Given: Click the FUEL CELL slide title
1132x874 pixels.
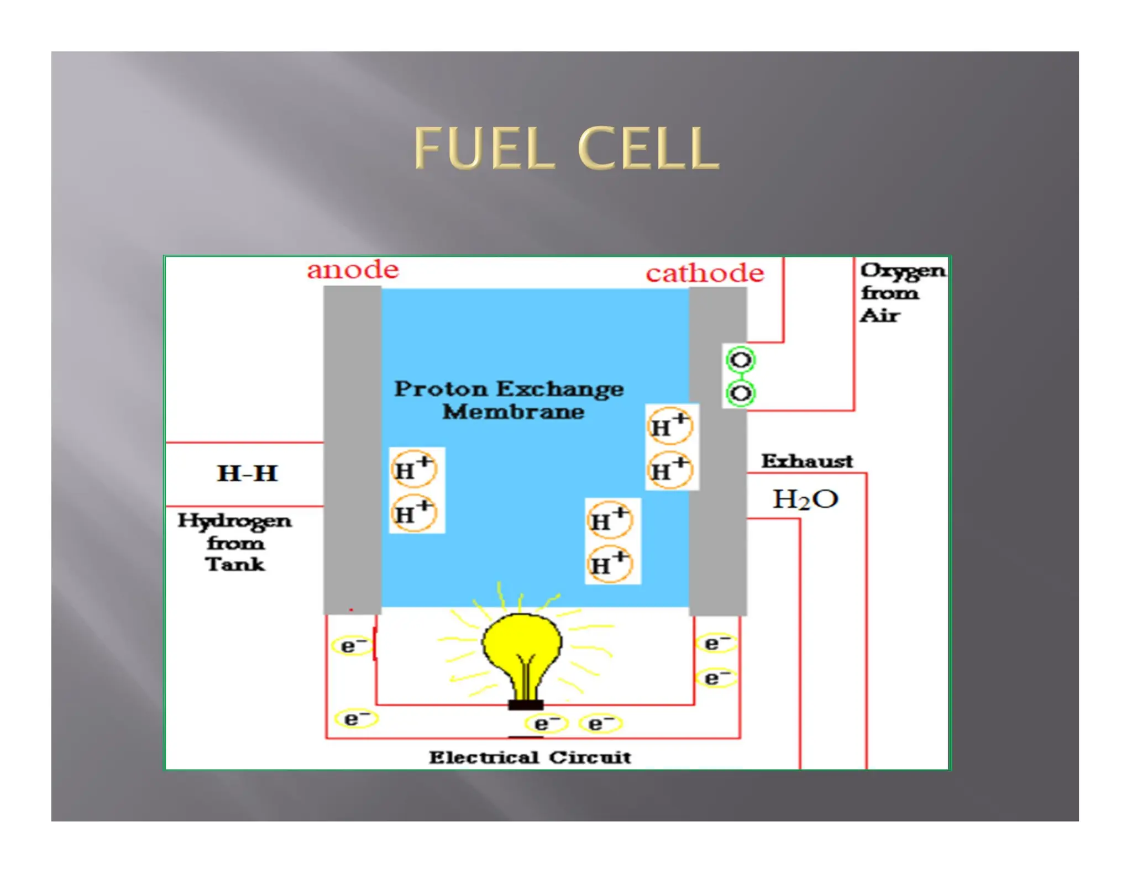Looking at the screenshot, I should click(x=566, y=148).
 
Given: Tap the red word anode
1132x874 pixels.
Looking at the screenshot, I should click(x=353, y=270).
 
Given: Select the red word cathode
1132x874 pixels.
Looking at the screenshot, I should click(x=705, y=273).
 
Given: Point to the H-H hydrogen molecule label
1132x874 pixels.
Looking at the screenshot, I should click(x=247, y=473).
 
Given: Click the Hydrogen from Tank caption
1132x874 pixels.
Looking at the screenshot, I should click(x=234, y=542).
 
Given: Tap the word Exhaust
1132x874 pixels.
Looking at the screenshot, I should click(x=806, y=461).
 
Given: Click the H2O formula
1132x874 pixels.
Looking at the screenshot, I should click(x=805, y=499).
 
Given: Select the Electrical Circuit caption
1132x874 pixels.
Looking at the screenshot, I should click(x=530, y=757).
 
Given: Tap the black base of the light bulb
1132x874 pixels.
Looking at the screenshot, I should click(x=526, y=705).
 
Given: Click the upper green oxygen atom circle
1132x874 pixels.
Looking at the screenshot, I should click(x=740, y=360).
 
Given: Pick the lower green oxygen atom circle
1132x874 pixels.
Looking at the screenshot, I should click(x=740, y=393).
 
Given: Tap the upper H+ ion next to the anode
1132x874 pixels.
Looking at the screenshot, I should click(x=413, y=470).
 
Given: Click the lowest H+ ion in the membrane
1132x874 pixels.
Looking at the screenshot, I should click(x=609, y=564).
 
